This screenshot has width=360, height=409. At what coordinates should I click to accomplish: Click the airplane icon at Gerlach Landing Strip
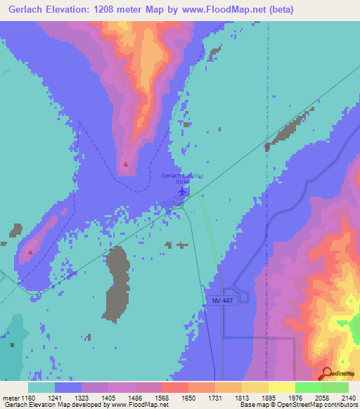click(183, 190)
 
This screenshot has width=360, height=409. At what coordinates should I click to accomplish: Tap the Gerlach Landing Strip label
click(182, 178)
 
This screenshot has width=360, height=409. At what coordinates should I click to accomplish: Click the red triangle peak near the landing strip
click(126, 164)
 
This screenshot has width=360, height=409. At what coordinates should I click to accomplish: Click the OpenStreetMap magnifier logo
click(327, 373)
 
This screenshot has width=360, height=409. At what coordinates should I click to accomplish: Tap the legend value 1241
click(54, 398)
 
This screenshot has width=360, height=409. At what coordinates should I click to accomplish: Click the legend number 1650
click(188, 398)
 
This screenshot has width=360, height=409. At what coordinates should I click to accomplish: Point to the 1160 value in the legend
click(27, 398)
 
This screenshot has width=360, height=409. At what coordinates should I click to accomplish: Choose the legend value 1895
click(268, 398)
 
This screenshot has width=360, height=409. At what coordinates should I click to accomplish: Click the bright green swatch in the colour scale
click(309, 387)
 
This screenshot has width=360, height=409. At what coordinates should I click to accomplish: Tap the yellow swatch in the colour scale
click(282, 387)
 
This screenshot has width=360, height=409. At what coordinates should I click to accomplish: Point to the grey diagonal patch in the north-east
click(288, 129)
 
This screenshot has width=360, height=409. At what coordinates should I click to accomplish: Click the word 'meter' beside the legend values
click(10, 398)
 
